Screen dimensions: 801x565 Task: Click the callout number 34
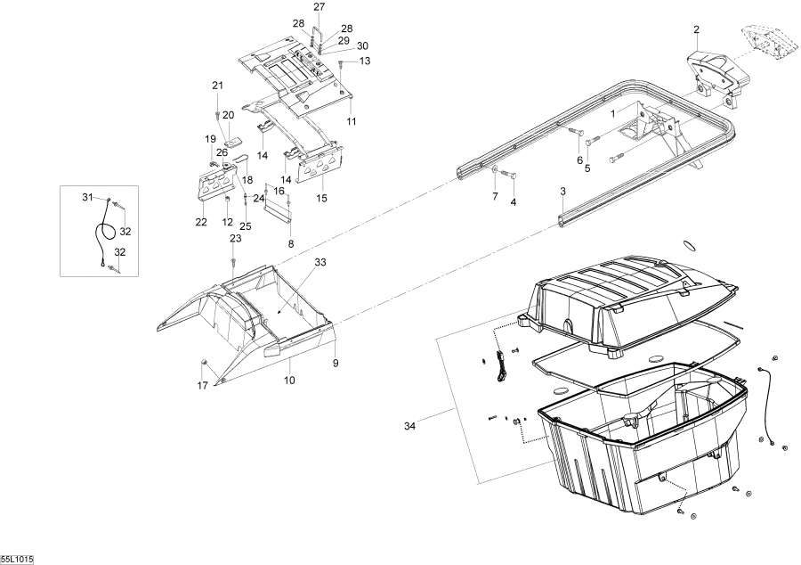(409, 426)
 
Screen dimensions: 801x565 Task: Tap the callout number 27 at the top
(319, 6)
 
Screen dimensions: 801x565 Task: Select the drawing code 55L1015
(17, 560)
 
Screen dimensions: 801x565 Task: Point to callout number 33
(320, 262)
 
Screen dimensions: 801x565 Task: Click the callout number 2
(696, 29)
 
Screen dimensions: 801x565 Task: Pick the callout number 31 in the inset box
(88, 197)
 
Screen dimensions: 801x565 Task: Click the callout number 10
(289, 381)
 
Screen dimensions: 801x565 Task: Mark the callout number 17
(203, 386)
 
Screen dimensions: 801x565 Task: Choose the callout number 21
(218, 86)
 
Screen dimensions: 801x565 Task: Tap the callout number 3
(563, 192)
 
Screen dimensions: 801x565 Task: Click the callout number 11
(351, 122)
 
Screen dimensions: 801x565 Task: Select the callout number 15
(321, 199)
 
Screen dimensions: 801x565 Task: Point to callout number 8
(291, 244)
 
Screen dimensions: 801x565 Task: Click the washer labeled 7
(495, 168)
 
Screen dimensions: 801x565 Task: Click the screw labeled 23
(233, 261)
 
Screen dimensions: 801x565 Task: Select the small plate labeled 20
(233, 142)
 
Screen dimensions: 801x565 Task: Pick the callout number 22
(201, 222)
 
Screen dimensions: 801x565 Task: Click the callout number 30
(362, 46)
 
